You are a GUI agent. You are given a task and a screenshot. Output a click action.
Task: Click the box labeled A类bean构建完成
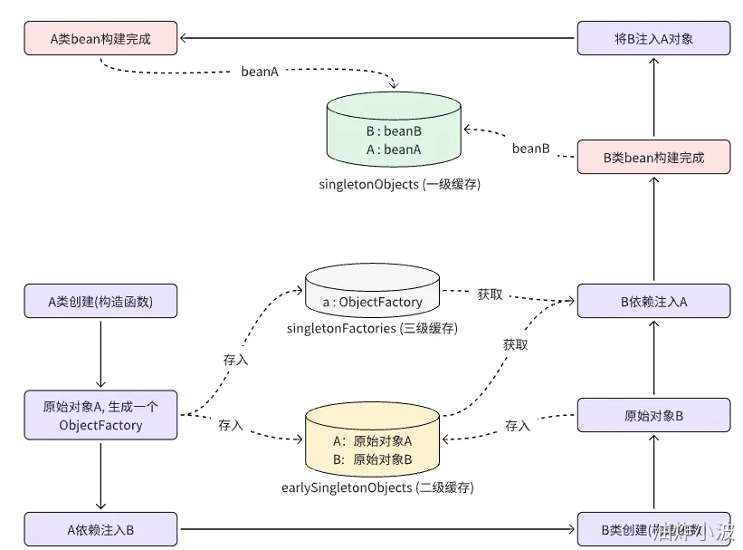point(101,38)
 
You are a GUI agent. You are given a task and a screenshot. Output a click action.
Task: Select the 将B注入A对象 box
point(653,38)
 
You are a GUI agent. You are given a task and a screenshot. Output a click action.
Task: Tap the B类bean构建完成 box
point(653,158)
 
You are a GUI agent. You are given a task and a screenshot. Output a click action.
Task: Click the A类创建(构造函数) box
point(100,301)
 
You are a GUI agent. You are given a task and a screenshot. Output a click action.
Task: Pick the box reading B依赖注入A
point(653,301)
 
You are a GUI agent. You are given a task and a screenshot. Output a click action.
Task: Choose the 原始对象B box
point(653,416)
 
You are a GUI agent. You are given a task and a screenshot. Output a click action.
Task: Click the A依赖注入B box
point(100,529)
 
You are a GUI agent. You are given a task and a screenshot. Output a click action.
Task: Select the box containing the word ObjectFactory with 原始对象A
point(100,415)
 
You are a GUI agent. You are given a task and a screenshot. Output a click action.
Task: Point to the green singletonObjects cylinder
point(394,136)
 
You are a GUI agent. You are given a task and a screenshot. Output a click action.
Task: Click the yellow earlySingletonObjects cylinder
point(373,442)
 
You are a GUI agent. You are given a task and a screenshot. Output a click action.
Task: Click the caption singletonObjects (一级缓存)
point(393,184)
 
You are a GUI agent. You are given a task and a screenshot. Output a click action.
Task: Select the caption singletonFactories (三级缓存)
point(371,328)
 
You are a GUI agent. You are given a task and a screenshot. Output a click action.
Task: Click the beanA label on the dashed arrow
point(260,70)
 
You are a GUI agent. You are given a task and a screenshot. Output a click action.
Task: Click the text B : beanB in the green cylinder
point(394,131)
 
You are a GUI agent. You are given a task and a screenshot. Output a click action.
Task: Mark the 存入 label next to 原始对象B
point(518,425)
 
